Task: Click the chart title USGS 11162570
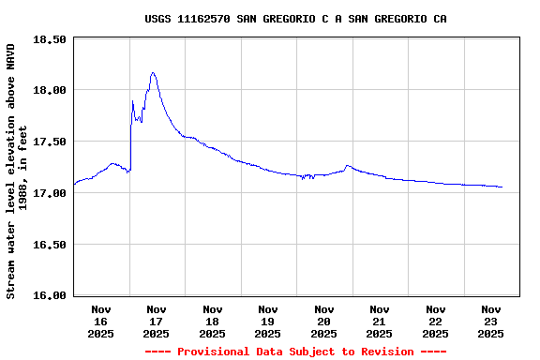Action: point(295,19)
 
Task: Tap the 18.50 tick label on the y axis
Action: point(49,39)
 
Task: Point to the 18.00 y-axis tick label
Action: point(49,90)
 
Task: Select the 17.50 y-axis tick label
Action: point(49,142)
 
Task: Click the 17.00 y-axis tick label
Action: point(49,193)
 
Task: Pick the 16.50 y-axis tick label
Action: point(49,245)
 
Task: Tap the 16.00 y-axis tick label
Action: point(49,295)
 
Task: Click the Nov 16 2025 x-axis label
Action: point(101,321)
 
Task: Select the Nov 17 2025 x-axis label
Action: point(157,321)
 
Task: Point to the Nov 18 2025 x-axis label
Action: point(213,321)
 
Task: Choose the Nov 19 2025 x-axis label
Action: point(268,321)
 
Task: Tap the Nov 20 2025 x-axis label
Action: point(324,321)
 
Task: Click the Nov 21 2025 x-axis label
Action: point(380,321)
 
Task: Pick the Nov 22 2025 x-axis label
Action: point(436,321)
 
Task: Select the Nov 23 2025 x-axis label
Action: point(491,321)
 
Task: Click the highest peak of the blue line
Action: point(153,72)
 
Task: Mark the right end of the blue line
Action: point(502,187)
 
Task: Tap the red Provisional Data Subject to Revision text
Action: point(295,352)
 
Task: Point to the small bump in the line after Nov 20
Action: point(348,166)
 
